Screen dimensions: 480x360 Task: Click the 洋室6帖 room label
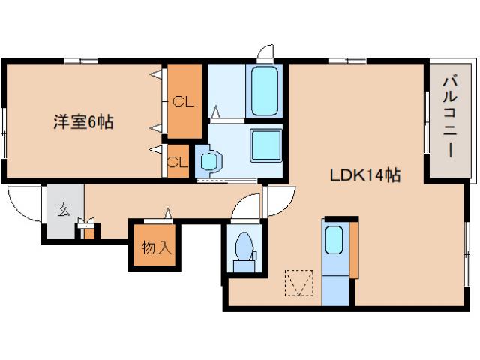point(83,121)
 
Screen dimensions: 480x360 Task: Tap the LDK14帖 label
point(365,175)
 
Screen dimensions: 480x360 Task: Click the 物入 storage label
point(156,247)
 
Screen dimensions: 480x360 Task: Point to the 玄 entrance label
point(64,210)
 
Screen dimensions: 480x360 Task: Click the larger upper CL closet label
point(183,101)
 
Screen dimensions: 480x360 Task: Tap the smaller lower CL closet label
point(177,162)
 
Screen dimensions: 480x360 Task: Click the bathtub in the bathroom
point(265,91)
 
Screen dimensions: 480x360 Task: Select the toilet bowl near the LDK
point(244,247)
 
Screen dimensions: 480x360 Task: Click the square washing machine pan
point(266,145)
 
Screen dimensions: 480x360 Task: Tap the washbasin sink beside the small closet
point(210,161)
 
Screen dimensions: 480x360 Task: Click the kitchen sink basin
point(334,240)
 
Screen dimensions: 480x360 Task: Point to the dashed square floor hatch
point(299,283)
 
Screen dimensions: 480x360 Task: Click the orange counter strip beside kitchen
point(354,250)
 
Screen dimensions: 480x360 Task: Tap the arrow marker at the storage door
point(168,213)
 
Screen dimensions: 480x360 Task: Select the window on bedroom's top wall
point(81,61)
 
